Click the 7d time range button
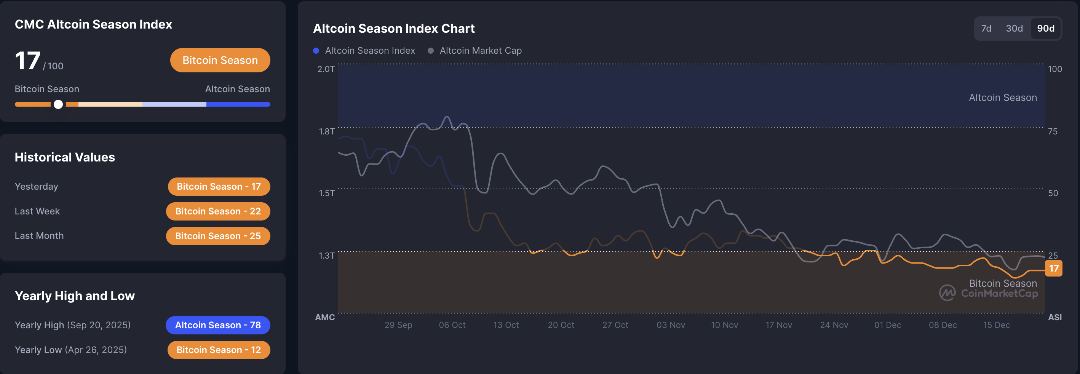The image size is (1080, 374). [x=986, y=29]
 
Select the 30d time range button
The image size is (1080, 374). [x=1014, y=29]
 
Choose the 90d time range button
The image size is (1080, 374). [x=1046, y=29]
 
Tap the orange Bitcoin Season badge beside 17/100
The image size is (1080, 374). [x=220, y=61]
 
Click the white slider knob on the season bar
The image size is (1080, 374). [x=58, y=104]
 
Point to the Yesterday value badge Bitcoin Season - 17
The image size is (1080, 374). [x=219, y=187]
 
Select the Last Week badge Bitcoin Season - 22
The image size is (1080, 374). [x=218, y=211]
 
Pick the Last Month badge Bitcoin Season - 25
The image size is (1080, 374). [x=218, y=236]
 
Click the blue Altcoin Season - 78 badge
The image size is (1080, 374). [x=218, y=325]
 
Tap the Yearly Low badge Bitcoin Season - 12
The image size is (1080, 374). [x=219, y=350]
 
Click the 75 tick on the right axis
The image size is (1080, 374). [x=1052, y=132]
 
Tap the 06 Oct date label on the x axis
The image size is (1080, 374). [x=452, y=325]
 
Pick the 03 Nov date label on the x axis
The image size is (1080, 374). [x=670, y=325]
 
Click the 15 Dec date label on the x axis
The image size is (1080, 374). [x=996, y=325]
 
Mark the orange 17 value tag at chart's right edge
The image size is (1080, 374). [x=1054, y=269]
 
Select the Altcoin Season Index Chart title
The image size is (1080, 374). [x=394, y=29]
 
